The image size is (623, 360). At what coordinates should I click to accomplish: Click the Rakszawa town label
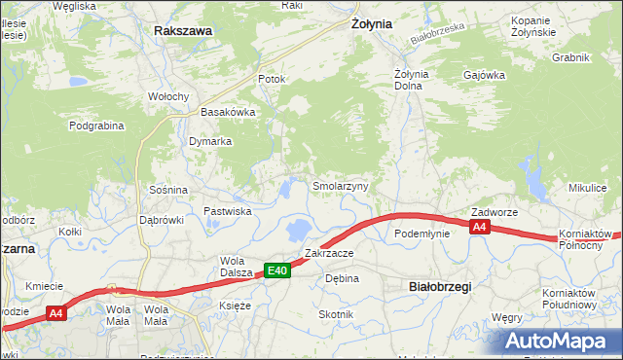183,31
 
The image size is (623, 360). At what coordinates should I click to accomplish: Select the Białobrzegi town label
438,286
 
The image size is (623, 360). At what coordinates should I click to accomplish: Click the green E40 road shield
276,271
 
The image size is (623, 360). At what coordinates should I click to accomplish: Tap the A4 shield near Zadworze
478,227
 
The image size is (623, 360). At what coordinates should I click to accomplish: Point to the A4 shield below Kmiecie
55,313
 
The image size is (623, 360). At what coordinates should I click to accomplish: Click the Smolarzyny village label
340,186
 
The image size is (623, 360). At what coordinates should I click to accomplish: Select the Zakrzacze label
328,253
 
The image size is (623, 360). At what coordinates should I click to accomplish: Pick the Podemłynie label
421,234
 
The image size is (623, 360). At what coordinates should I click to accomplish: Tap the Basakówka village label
228,112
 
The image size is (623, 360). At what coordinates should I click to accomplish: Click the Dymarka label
210,141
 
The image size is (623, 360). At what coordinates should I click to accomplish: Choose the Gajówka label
483,75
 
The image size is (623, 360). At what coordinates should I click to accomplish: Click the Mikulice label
588,187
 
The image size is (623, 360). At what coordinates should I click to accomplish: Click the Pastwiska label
228,211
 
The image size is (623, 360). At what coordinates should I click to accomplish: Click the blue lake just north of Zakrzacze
299,231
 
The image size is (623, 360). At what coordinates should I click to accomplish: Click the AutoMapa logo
559,341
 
